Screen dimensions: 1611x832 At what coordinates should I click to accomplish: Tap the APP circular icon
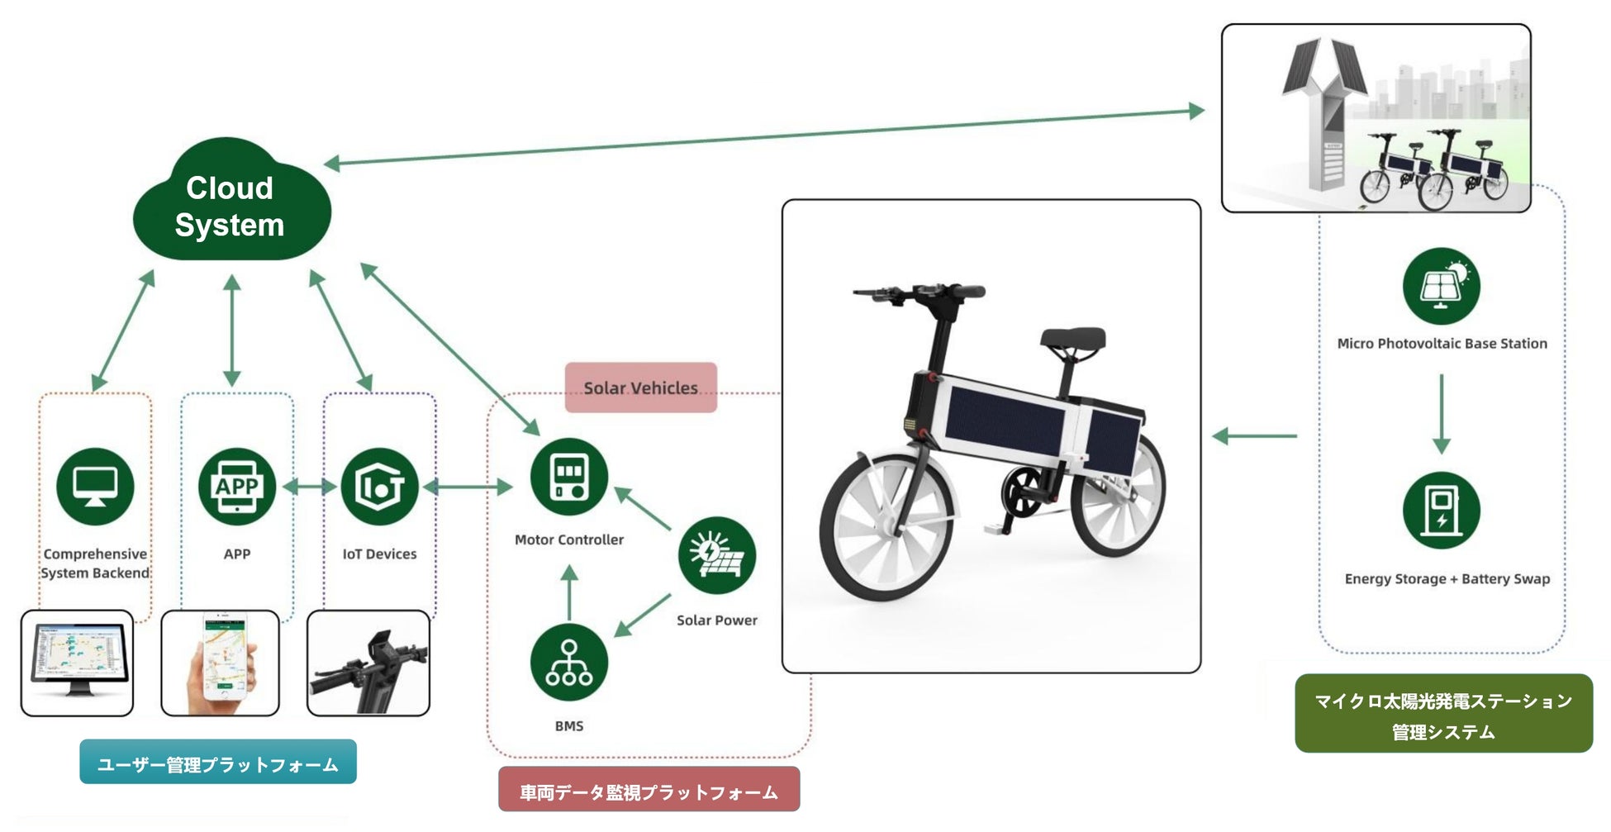pos(237,487)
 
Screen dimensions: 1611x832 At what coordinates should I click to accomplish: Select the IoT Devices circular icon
pos(379,487)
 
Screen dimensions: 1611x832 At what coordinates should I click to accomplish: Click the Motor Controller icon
pos(569,477)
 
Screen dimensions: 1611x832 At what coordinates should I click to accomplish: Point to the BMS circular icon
pos(569,663)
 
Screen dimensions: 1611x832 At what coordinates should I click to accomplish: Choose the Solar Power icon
pos(716,555)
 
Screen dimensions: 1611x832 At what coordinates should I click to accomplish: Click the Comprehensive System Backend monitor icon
pos(95,487)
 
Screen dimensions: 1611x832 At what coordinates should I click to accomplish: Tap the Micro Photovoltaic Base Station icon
pos(1441,286)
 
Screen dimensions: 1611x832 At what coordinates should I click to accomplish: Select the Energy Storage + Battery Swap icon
pos(1441,510)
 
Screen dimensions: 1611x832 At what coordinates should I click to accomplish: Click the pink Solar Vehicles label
pos(640,387)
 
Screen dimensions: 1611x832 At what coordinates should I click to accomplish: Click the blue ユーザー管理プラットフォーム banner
pos(218,763)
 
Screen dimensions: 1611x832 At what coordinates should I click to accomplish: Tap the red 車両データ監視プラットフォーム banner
pos(649,791)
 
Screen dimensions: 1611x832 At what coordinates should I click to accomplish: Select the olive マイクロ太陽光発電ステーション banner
pos(1443,714)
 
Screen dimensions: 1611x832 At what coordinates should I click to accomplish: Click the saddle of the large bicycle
pos(1072,338)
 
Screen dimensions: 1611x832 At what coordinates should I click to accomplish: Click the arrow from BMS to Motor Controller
pos(569,592)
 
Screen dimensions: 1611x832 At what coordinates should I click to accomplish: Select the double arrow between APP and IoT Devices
pos(309,487)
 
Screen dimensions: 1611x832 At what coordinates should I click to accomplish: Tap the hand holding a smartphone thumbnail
pos(220,663)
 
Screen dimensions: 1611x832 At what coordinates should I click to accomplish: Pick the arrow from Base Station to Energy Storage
pos(1441,413)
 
